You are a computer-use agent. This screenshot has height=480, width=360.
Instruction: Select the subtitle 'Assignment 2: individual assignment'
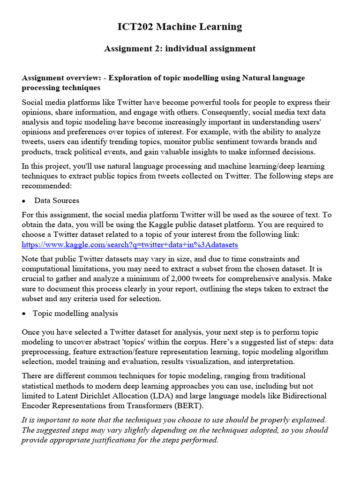(180, 49)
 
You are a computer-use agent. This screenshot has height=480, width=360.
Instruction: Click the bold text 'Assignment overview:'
(60, 78)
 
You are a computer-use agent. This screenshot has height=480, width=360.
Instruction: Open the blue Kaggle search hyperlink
(130, 245)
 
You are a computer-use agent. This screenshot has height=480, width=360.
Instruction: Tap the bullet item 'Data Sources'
(56, 200)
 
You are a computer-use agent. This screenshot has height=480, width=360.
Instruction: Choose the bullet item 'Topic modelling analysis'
(75, 313)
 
